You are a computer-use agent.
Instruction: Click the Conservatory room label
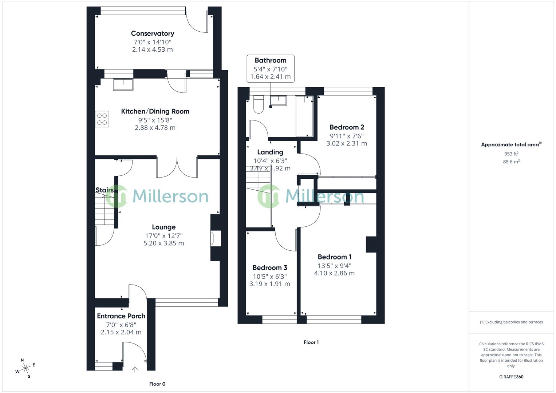coord(152,33)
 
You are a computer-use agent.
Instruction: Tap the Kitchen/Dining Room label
coord(155,111)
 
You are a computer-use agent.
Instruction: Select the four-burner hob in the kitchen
coord(102,119)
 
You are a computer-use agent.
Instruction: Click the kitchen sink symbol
coord(123,84)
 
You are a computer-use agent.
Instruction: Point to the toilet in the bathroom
coord(258,104)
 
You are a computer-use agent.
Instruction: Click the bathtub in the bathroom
coord(304,116)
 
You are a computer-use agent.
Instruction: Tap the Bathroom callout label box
coord(270,68)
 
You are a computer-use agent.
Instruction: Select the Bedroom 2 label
coord(347,127)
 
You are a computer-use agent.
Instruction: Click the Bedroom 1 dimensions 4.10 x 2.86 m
coord(334,273)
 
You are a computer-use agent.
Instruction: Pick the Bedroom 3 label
coord(270,268)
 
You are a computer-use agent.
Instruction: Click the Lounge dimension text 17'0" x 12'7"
coord(164,235)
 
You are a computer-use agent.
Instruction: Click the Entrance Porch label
coord(121,316)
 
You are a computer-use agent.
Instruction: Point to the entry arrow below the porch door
coord(135,369)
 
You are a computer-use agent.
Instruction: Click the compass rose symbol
coord(25,368)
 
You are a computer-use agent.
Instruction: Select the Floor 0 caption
coord(157,384)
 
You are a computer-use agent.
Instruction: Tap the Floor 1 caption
coord(311,342)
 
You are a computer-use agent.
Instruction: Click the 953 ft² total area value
coord(511,154)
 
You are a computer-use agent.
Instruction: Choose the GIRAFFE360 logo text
coord(511,377)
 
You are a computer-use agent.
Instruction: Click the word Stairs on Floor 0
coord(104,190)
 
